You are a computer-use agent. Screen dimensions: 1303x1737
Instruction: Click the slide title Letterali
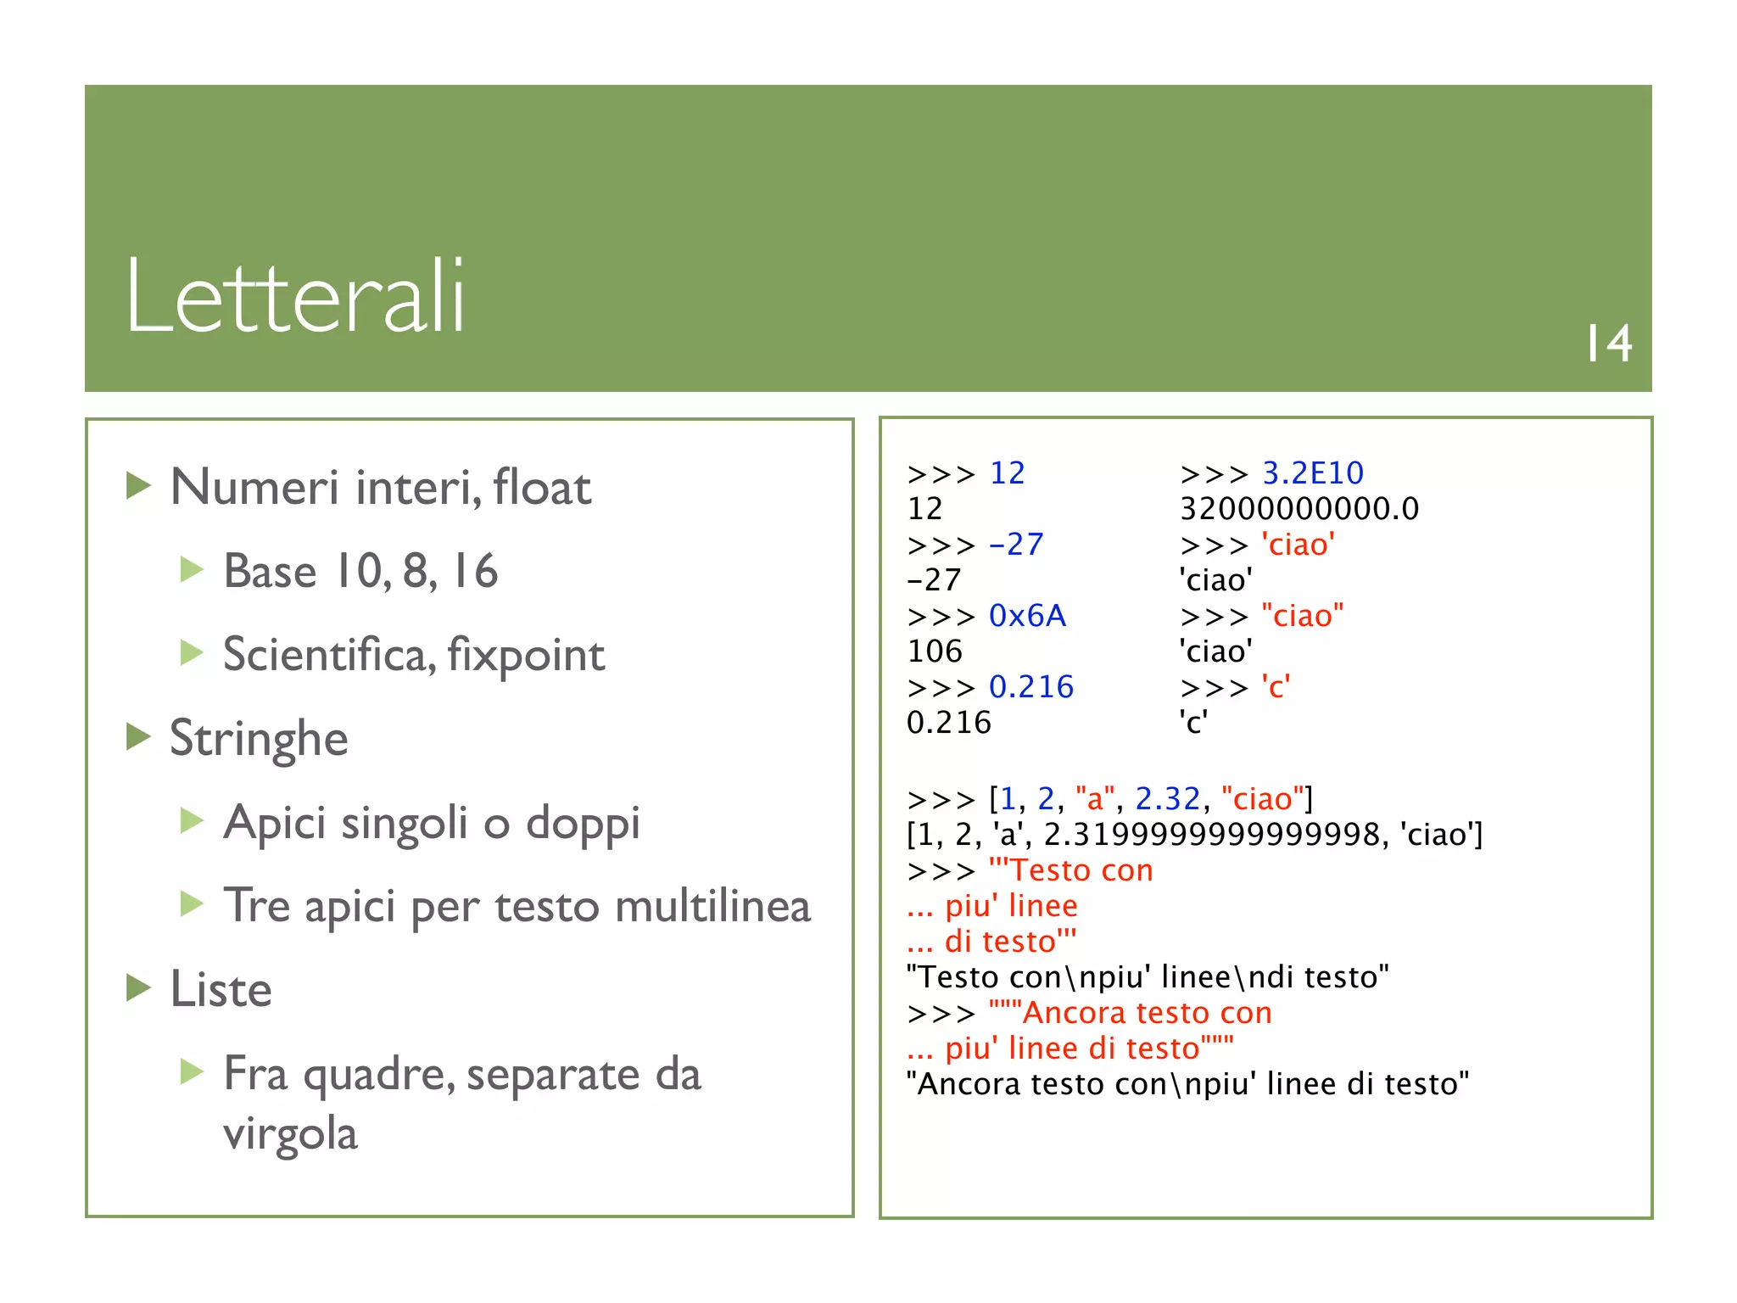(x=295, y=297)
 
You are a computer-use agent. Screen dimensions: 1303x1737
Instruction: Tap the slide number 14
(x=1609, y=344)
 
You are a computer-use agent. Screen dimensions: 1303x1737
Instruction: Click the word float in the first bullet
(x=542, y=488)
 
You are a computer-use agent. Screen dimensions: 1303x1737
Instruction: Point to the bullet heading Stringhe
(x=259, y=738)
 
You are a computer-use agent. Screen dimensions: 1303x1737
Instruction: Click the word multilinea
(x=712, y=906)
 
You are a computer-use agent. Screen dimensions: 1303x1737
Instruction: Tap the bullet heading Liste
(x=221, y=989)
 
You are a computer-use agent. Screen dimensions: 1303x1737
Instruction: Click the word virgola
(x=290, y=1133)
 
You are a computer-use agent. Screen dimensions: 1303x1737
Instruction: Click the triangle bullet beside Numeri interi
(x=138, y=486)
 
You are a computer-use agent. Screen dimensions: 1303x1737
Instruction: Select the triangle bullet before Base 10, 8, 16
(x=192, y=569)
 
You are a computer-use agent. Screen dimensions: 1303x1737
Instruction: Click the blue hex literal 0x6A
(x=1027, y=616)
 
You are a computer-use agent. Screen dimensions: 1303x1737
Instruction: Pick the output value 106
(x=935, y=651)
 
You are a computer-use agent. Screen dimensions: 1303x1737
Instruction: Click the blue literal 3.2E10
(x=1313, y=473)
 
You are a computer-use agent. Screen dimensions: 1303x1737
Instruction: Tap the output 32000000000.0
(x=1299, y=509)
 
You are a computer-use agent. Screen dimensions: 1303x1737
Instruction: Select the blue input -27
(x=1016, y=545)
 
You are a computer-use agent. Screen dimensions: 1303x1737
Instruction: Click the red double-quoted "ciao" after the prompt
(x=1303, y=616)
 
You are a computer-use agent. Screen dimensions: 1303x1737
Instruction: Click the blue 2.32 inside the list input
(x=1168, y=799)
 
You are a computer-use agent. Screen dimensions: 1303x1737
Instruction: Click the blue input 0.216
(x=1031, y=687)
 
